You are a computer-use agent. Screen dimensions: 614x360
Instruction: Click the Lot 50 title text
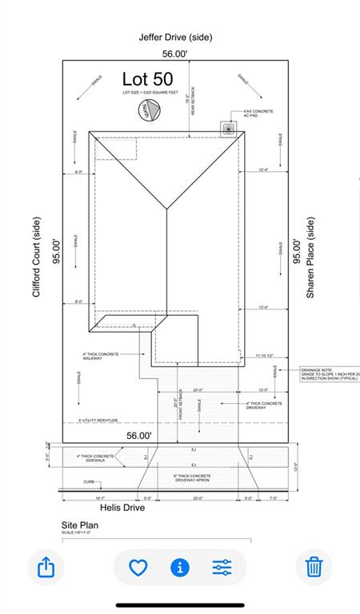pyautogui.click(x=147, y=79)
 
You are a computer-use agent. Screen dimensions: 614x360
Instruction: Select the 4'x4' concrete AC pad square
pyautogui.click(x=230, y=128)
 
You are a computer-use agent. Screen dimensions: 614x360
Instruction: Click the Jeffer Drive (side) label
pyautogui.click(x=175, y=37)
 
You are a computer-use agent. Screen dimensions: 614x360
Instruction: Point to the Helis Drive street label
pyautogui.click(x=122, y=508)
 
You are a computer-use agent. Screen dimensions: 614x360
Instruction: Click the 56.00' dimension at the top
pyautogui.click(x=175, y=54)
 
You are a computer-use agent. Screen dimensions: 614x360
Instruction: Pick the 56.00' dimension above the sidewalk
pyautogui.click(x=139, y=436)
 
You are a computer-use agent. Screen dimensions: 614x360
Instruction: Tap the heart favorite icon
pyautogui.click(x=138, y=568)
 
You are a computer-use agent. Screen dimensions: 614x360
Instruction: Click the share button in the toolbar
pyautogui.click(x=46, y=568)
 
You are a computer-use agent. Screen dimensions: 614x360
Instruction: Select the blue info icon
pyautogui.click(x=180, y=568)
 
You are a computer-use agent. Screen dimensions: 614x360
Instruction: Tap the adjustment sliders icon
pyautogui.click(x=222, y=568)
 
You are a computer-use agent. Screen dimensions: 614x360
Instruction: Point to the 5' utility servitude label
pyautogui.click(x=98, y=420)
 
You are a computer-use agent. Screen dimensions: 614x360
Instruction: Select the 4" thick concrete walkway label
pyautogui.click(x=101, y=356)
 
